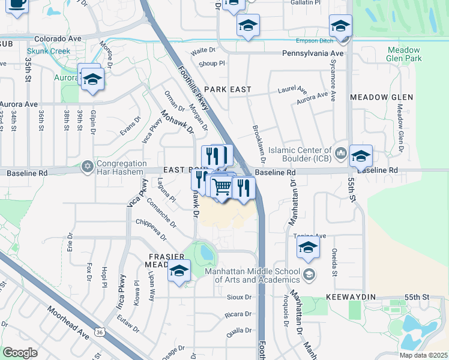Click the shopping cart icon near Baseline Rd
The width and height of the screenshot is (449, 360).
tap(221, 187)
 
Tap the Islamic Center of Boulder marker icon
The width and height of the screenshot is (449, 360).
tap(341, 154)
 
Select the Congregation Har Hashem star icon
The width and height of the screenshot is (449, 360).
tap(88, 166)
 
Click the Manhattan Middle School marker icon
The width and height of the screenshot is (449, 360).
tap(309, 275)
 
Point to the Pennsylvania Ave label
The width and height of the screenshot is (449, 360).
tap(313, 53)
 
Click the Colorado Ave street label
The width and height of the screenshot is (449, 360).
tap(58, 38)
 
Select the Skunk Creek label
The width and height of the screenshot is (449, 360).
tap(52, 52)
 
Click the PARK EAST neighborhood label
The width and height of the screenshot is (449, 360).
tap(227, 89)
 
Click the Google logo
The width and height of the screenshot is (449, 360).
tap(20, 352)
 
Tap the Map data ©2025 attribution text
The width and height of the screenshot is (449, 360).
tap(424, 355)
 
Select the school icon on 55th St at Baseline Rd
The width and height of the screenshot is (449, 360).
tap(361, 155)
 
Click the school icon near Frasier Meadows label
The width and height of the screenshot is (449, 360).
tap(179, 271)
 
